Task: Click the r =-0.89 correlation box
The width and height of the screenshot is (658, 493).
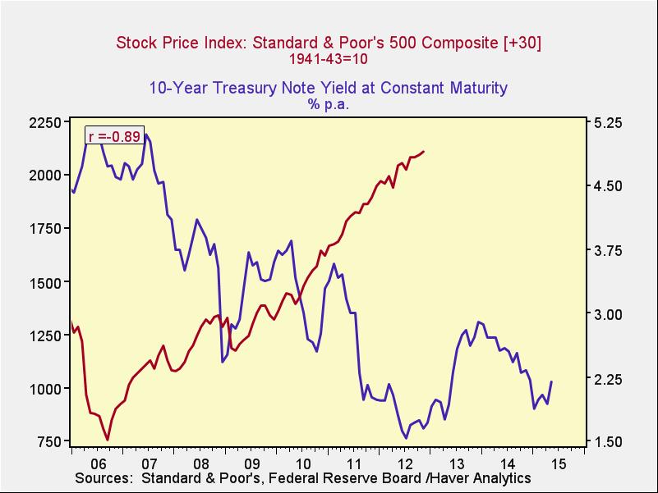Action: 114,136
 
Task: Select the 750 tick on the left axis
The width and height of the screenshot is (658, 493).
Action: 47,442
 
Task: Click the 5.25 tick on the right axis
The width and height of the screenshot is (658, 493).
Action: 608,122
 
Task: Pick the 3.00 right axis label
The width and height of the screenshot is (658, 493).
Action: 608,314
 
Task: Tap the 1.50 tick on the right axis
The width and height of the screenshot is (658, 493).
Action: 608,442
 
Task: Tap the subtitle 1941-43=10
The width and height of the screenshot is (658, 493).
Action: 328,59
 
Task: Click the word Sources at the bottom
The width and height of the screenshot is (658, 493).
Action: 103,478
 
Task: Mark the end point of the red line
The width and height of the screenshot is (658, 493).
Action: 424,152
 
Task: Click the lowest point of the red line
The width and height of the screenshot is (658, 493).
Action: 108,440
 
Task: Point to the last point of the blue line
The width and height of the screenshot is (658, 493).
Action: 551,381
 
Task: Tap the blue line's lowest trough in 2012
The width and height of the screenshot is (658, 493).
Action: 405,438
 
